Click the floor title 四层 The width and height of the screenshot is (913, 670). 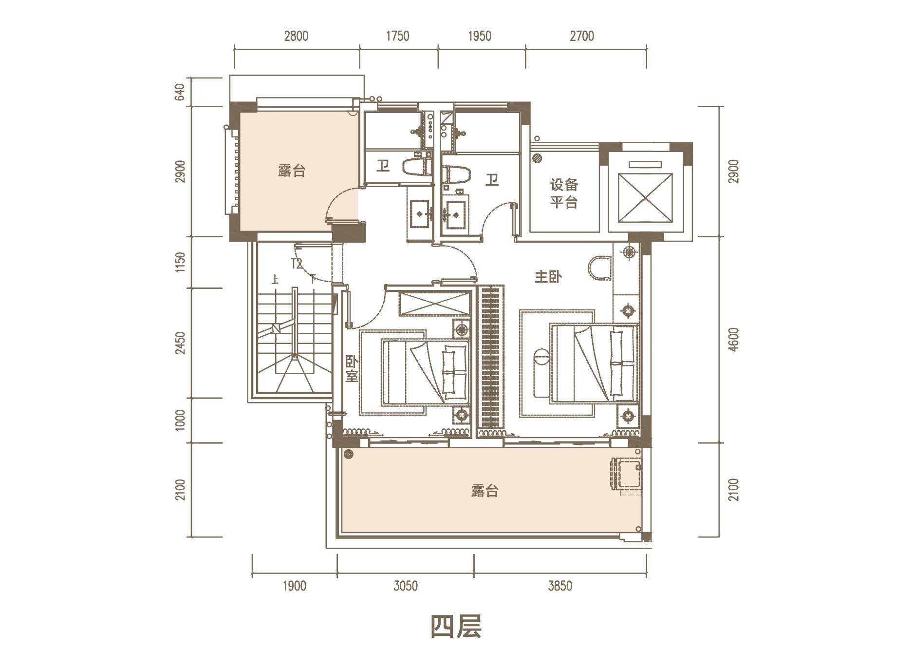[x=456, y=627]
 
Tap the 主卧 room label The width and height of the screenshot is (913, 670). [x=548, y=277]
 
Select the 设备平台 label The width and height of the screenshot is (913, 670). [x=564, y=193]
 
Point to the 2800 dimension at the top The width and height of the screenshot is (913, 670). [x=296, y=36]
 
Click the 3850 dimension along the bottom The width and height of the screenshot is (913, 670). [x=560, y=586]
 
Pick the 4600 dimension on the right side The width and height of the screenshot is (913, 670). [x=734, y=340]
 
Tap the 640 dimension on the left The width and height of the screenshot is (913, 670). [x=180, y=93]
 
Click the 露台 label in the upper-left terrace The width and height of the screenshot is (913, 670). [x=292, y=171]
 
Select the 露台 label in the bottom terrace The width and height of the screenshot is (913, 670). [x=484, y=490]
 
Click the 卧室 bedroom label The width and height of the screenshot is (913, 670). [x=352, y=369]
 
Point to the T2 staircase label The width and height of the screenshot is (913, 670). [x=297, y=264]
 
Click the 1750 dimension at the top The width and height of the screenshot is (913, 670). [x=397, y=36]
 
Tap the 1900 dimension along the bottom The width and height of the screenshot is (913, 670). [x=295, y=586]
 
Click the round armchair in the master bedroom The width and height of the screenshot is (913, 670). [x=599, y=268]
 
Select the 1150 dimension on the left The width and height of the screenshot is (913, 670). [x=180, y=262]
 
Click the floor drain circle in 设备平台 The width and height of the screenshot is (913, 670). [x=538, y=158]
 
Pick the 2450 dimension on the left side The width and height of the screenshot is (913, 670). [x=180, y=343]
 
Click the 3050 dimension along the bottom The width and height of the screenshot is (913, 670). [x=406, y=586]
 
